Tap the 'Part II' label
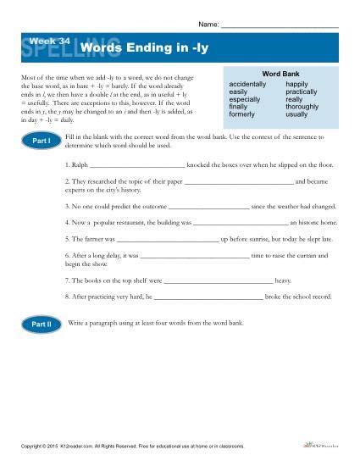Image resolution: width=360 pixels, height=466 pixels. [x=42, y=324]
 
